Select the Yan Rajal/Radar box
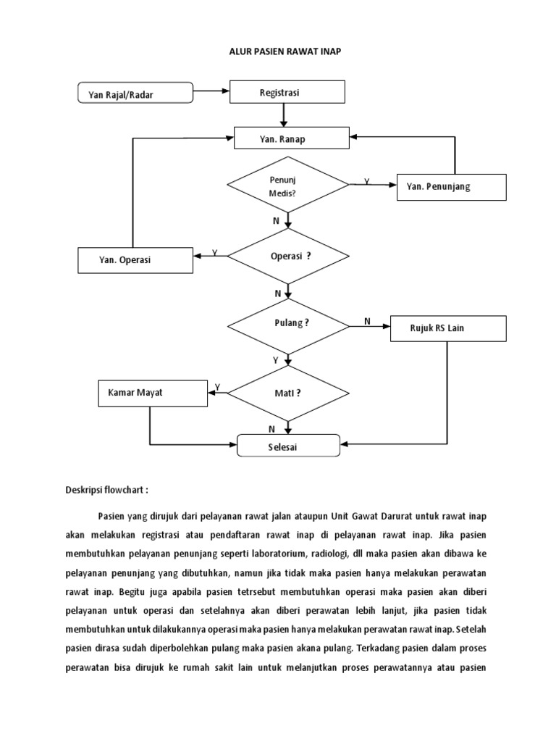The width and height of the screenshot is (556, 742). (x=135, y=93)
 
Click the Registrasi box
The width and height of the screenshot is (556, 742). (x=287, y=93)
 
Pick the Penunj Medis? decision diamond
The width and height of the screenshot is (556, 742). (x=288, y=184)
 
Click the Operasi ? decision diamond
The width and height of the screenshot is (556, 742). (x=288, y=256)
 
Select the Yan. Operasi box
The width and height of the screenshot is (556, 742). (x=135, y=259)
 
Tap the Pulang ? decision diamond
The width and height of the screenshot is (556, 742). (x=288, y=323)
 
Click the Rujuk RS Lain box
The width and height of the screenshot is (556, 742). (x=447, y=328)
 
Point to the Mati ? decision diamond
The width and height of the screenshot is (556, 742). (x=288, y=393)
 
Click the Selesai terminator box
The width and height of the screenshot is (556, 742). (x=288, y=446)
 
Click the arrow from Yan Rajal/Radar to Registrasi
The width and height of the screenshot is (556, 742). (x=211, y=92)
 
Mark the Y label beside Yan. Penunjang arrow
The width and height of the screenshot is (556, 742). (x=366, y=182)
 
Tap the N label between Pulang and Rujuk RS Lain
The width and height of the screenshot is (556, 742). (x=366, y=321)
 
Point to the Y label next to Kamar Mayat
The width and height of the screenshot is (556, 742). (x=218, y=387)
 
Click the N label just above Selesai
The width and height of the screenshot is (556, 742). (x=271, y=429)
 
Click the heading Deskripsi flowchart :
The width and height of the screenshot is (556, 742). (x=106, y=489)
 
